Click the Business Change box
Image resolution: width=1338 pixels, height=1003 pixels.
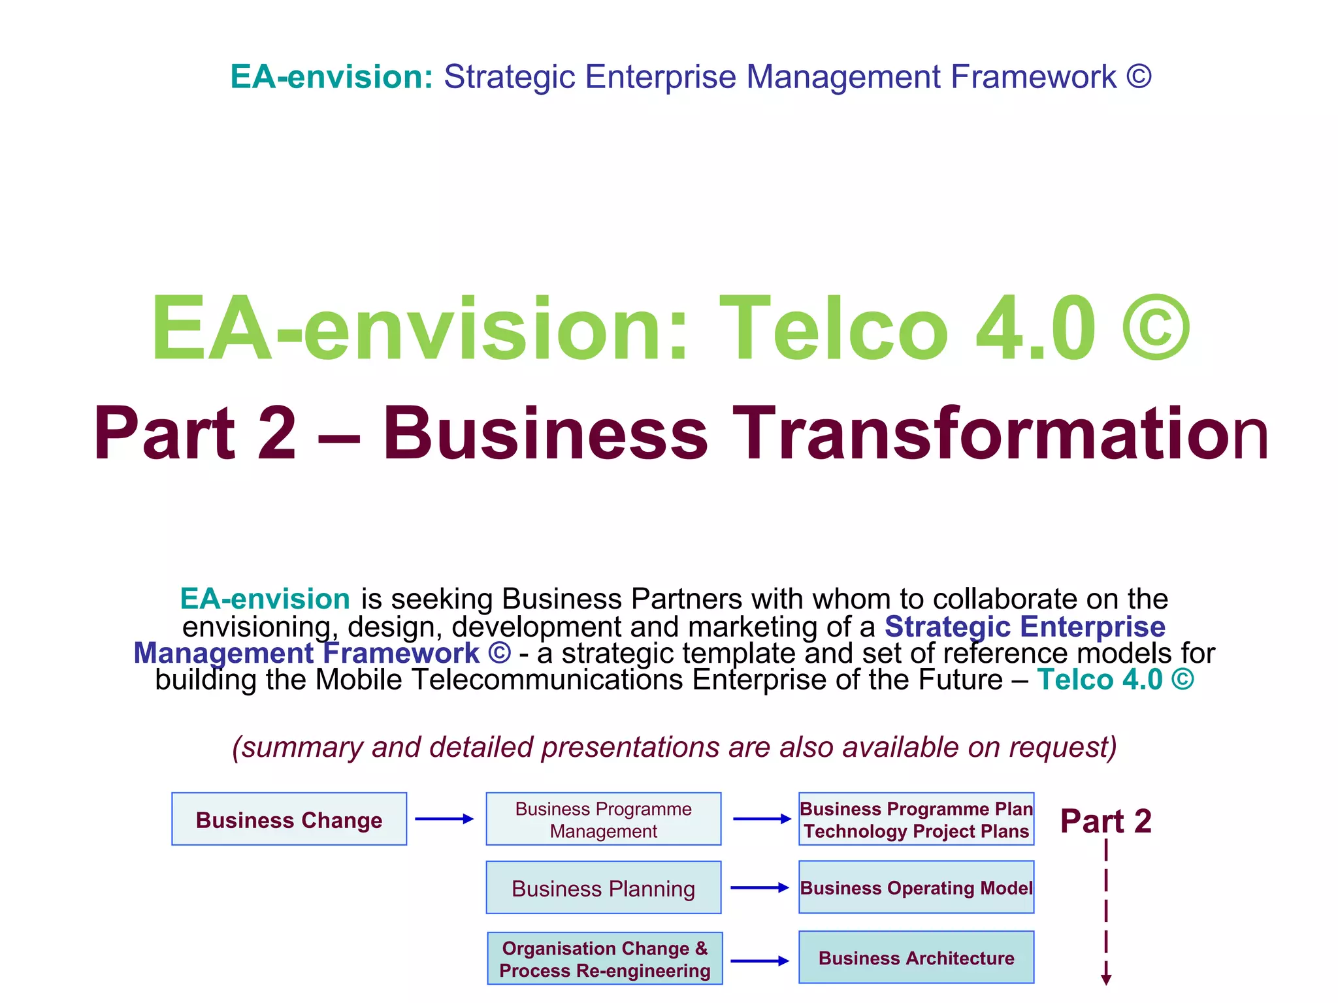click(x=289, y=819)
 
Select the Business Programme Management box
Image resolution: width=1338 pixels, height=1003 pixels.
click(x=603, y=819)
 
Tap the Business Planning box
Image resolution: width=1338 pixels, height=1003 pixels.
click(x=603, y=887)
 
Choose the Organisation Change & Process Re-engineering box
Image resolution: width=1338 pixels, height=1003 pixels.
click(x=604, y=959)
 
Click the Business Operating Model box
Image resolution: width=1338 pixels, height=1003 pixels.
click(x=916, y=887)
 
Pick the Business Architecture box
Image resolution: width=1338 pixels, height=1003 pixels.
click(x=916, y=957)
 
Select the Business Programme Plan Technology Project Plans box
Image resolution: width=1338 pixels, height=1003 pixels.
click(x=916, y=819)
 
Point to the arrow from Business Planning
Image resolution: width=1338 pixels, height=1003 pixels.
click(x=760, y=887)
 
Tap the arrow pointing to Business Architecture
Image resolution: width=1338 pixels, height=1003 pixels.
click(x=760, y=961)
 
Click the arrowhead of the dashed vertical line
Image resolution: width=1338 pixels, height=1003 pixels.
click(x=1106, y=979)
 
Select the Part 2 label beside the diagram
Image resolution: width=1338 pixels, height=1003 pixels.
click(x=1105, y=820)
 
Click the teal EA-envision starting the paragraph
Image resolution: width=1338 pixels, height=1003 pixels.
click(x=265, y=599)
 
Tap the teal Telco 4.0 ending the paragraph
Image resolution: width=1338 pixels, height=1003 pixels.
click(x=1100, y=680)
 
